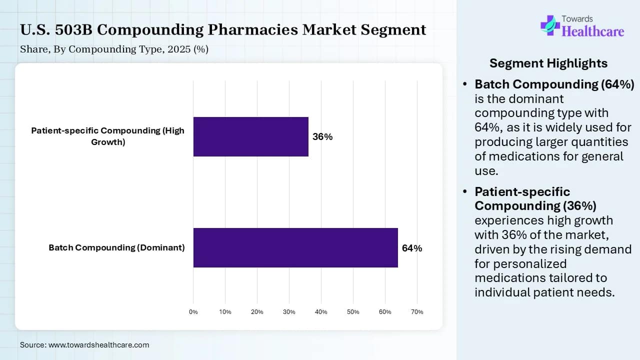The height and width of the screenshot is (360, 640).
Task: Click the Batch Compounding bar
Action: click(295, 247)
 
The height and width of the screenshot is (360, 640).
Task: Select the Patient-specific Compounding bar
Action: click(251, 136)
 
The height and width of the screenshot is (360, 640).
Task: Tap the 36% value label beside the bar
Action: click(322, 137)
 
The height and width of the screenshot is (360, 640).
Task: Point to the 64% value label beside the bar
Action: click(411, 248)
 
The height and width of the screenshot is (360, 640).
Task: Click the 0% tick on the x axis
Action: click(193, 312)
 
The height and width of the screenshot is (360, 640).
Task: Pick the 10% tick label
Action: click(225, 312)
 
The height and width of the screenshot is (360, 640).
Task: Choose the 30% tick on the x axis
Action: click(289, 312)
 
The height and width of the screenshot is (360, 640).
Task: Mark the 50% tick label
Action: click(353, 312)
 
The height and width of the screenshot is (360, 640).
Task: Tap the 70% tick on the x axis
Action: click(417, 312)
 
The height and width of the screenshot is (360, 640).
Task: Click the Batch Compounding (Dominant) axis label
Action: click(116, 247)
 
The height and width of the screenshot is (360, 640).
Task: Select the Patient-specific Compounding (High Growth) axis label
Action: click(107, 136)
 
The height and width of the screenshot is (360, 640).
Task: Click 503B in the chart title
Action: click(73, 29)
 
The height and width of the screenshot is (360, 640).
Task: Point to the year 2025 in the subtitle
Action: click(179, 49)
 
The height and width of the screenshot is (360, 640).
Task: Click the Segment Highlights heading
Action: click(548, 63)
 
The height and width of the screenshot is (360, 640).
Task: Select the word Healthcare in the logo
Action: click(593, 31)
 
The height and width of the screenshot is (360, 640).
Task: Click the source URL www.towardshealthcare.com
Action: click(99, 345)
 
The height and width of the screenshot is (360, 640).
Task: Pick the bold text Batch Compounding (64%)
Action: click(554, 84)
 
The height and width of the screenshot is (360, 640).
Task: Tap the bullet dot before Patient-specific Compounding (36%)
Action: click(465, 191)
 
